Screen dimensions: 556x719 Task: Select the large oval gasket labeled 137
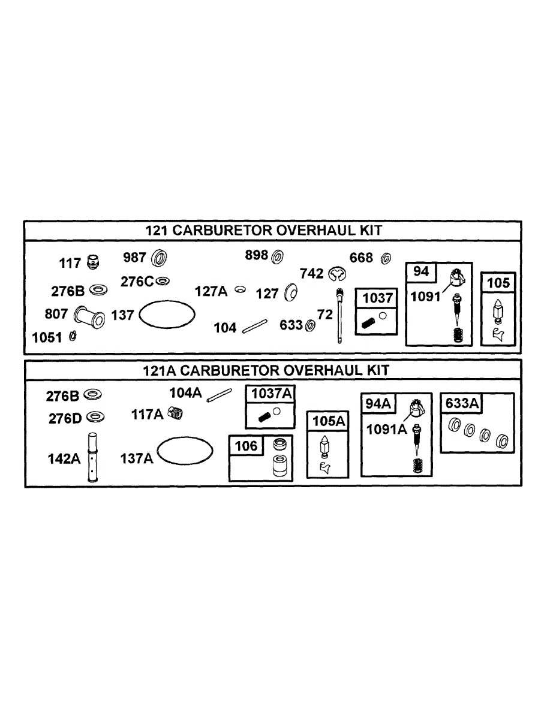coord(167,313)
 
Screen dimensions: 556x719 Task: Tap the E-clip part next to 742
coord(338,274)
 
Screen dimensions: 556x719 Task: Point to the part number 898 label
coord(256,255)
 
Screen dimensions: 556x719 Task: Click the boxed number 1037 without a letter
coord(377,298)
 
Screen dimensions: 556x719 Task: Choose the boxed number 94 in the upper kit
coord(421,271)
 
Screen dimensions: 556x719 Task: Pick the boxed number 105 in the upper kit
coord(498,282)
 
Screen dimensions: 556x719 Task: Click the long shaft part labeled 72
coord(340,315)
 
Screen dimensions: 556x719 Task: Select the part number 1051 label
coord(47,337)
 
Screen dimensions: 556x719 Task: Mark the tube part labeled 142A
coord(92,457)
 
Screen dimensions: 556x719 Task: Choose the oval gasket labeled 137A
coord(185,450)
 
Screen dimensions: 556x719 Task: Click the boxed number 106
coord(247,445)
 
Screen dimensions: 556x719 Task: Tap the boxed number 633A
coord(462,403)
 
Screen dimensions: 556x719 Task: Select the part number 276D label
coord(65,418)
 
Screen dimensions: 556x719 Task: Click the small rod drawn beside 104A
coord(220,395)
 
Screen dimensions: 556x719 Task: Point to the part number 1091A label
coord(386,429)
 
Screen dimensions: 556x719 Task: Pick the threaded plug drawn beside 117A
coord(175,413)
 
